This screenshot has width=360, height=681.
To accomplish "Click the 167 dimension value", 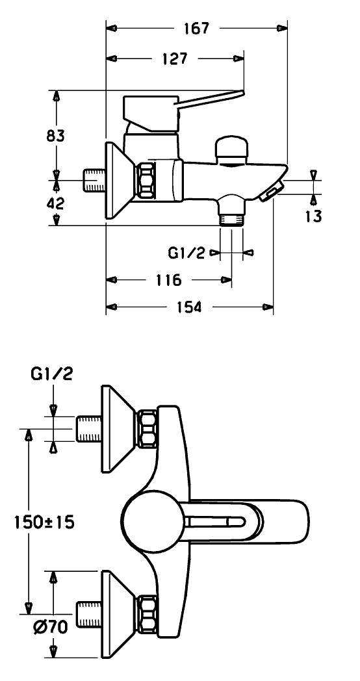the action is pos(196,28).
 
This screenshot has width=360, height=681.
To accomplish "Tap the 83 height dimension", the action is pos(56,136).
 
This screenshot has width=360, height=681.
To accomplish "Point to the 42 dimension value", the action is pos(55,203).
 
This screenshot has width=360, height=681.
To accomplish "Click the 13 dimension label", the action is pos(313,216).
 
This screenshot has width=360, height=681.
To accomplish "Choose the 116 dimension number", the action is pos(168,279).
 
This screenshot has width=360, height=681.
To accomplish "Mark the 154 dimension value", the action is pos(189,307).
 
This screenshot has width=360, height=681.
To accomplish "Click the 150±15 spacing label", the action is pos(44,522).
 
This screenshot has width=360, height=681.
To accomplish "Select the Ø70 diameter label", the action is pos(51,627).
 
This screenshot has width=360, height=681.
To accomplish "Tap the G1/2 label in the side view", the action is pos(186,253).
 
